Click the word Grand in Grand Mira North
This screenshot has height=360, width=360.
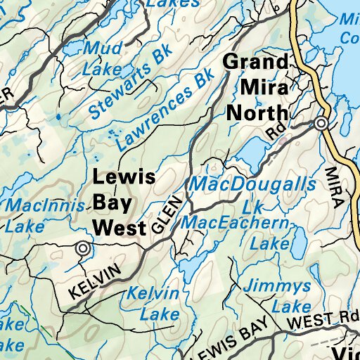255,62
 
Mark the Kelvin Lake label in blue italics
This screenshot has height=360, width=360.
149,303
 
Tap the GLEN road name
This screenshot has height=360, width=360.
169,215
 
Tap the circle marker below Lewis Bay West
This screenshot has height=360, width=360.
84,247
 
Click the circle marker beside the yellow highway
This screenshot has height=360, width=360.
321,124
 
